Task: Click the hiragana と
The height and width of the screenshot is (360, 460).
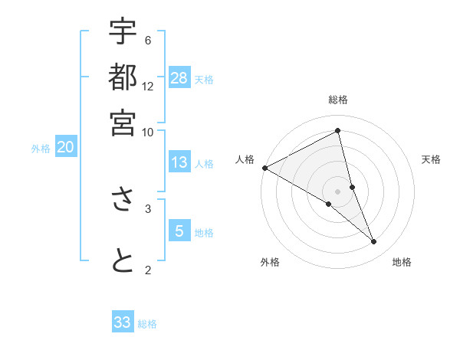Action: tap(123, 260)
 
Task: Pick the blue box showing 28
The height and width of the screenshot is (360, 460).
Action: tap(179, 78)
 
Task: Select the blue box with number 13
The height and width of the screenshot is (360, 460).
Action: tap(179, 162)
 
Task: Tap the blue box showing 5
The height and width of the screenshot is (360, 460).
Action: tap(179, 231)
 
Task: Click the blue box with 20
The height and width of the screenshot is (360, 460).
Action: tap(65, 148)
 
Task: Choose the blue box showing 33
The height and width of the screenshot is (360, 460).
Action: tap(123, 322)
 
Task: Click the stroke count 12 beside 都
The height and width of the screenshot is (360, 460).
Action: tap(148, 86)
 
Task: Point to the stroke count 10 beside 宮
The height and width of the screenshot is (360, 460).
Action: tap(147, 131)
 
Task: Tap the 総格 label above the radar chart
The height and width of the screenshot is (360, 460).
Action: tap(338, 100)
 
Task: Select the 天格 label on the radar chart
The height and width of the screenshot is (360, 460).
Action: tap(432, 159)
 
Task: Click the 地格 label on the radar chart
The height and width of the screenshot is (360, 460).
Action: tap(402, 262)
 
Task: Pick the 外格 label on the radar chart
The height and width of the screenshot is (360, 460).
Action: tap(270, 262)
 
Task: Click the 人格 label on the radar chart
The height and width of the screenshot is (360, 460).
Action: tap(245, 159)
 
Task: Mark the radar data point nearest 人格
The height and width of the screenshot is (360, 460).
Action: tap(264, 168)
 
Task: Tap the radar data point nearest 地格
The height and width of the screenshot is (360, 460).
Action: tap(374, 242)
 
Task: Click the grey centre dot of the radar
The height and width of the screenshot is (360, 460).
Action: tap(338, 191)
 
